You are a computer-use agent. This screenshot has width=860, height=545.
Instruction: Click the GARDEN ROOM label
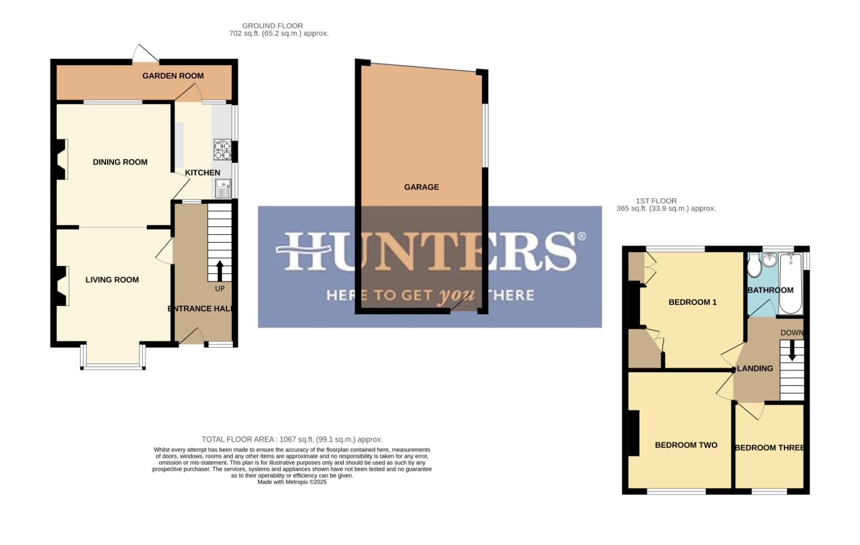(173, 76)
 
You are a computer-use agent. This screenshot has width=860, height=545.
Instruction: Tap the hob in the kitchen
(222, 150)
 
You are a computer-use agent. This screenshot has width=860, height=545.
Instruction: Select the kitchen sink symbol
(223, 189)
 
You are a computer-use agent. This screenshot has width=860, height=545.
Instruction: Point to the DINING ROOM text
(120, 162)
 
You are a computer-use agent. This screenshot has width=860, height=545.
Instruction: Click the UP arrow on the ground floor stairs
(219, 270)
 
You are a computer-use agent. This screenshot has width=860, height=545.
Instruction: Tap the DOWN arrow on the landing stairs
(792, 350)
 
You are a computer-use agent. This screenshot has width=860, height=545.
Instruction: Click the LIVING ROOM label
(112, 280)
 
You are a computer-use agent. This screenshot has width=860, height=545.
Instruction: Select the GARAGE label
(421, 187)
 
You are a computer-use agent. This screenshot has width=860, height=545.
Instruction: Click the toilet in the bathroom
(754, 266)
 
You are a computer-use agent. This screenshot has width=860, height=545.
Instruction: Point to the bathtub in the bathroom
(790, 283)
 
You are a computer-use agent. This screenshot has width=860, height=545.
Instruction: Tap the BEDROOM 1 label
(692, 302)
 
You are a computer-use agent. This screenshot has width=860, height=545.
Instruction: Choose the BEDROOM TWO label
(686, 445)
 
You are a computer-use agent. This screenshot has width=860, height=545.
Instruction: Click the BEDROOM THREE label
(769, 448)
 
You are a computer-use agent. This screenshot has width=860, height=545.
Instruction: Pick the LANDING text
(755, 368)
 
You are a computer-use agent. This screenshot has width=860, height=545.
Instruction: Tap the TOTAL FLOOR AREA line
(292, 440)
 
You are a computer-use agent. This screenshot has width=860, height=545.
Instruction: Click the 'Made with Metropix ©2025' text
(292, 482)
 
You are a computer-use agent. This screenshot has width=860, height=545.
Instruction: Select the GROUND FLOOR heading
(272, 26)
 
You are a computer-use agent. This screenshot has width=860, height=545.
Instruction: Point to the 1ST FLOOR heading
(656, 201)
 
